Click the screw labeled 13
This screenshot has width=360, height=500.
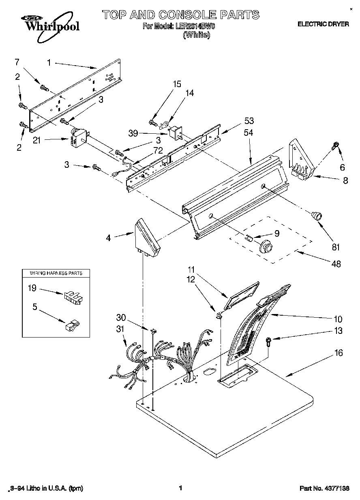(268, 341)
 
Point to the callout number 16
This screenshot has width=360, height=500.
(339, 353)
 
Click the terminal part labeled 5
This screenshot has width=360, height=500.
(72, 325)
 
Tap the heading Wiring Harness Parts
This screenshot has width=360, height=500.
(56, 273)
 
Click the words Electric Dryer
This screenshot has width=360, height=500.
(323, 24)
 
